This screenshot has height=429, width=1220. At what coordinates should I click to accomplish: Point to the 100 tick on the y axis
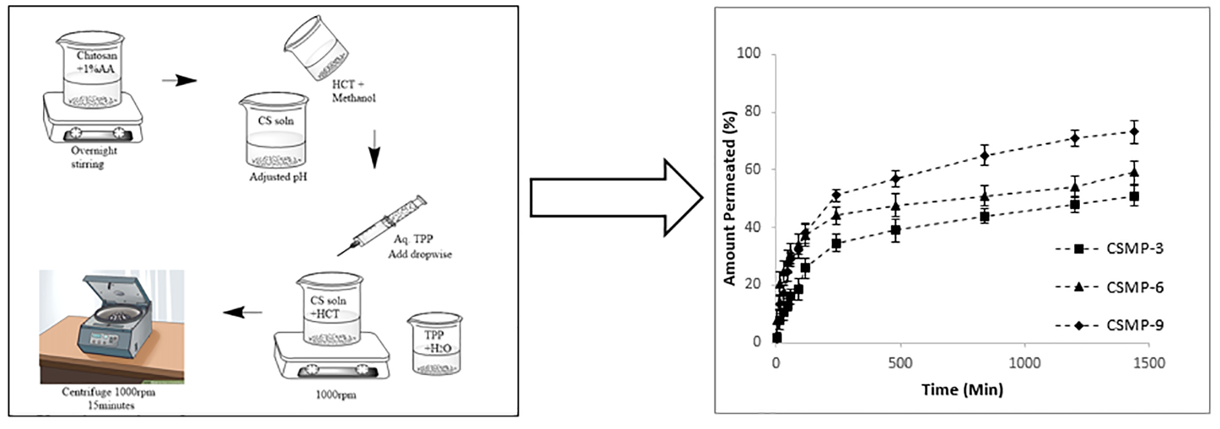pyautogui.click(x=749, y=53)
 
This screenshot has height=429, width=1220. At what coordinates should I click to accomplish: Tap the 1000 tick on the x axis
pyautogui.click(x=1024, y=363)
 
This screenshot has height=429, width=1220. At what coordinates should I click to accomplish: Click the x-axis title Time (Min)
pyautogui.click(x=962, y=389)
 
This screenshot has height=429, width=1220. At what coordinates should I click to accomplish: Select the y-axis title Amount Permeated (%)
pyautogui.click(x=729, y=198)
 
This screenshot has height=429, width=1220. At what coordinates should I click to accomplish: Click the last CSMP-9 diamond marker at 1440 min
pyautogui.click(x=1134, y=132)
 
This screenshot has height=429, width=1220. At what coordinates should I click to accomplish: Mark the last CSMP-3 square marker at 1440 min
pyautogui.click(x=1134, y=197)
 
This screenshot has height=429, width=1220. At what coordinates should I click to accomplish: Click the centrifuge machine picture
pyautogui.click(x=111, y=327)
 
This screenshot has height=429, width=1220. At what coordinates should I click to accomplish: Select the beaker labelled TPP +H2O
pyautogui.click(x=435, y=343)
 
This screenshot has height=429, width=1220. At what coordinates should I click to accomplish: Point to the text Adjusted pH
pyautogui.click(x=278, y=177)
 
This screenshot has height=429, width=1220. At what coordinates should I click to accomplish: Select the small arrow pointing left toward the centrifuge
pyautogui.click(x=242, y=312)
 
